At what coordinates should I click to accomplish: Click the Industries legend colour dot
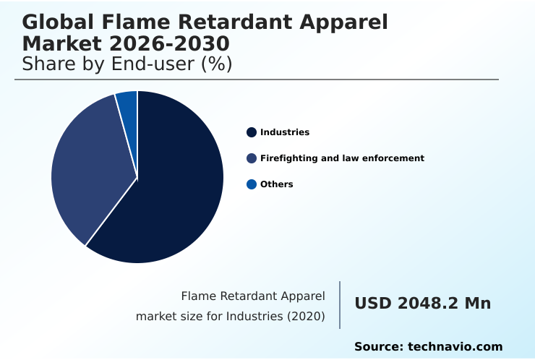point(252,132)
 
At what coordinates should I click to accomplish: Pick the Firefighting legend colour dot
point(252,158)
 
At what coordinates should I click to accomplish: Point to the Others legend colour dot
point(252,184)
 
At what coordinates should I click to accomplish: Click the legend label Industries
point(285,132)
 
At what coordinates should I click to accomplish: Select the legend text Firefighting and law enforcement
point(342,158)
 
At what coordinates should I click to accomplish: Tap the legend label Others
point(277,184)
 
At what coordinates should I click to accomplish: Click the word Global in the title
point(52,22)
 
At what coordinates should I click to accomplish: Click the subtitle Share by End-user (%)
point(127,64)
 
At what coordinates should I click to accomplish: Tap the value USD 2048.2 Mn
point(422,304)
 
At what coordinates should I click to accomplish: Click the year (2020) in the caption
point(307,317)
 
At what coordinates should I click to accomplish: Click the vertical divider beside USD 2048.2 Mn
point(340,305)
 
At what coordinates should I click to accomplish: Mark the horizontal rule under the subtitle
point(257,80)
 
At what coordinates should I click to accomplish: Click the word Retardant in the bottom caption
point(244,296)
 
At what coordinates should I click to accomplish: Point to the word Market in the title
point(61,43)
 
